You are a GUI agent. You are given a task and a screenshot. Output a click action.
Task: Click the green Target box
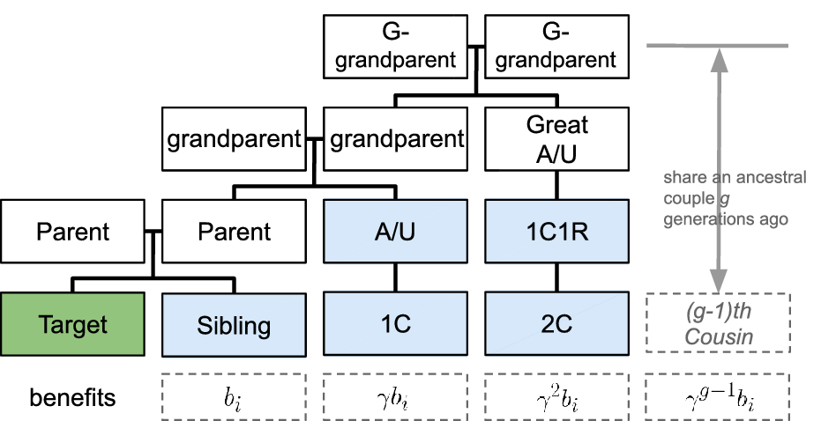pyautogui.click(x=72, y=323)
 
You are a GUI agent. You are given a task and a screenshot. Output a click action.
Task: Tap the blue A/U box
pyautogui.click(x=395, y=232)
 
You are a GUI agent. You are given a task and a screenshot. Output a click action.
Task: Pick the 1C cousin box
pyautogui.click(x=395, y=323)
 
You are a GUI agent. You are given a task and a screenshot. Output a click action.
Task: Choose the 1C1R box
pyautogui.click(x=556, y=232)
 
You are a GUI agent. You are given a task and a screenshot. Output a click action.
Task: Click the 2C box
pyautogui.click(x=556, y=323)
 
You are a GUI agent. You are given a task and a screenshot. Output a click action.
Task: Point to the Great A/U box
pyautogui.click(x=556, y=138)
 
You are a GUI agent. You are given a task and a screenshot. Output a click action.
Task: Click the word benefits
pyautogui.click(x=72, y=397)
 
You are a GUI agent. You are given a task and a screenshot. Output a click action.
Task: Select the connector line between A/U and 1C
pyautogui.click(x=395, y=277)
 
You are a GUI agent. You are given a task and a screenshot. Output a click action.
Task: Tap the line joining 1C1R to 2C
pyautogui.click(x=556, y=277)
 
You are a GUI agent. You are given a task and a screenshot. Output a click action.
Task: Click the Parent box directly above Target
pyautogui.click(x=72, y=232)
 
